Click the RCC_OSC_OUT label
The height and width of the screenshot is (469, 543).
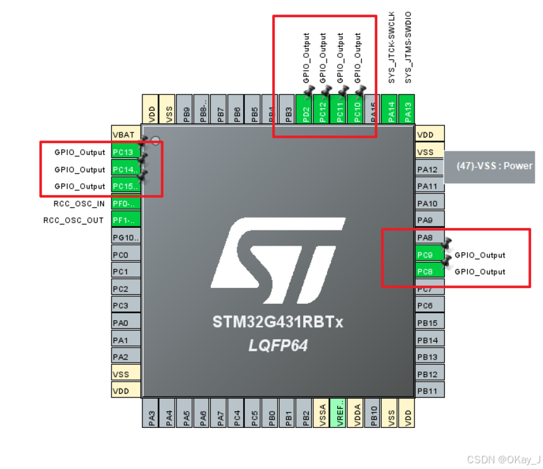pos(73,221)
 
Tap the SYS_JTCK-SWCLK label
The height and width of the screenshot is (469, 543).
pos(392,47)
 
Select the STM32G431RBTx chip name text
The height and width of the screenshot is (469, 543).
pos(278,323)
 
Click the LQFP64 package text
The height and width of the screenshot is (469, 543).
pos(278,346)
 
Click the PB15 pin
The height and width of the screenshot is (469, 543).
pos(430,323)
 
